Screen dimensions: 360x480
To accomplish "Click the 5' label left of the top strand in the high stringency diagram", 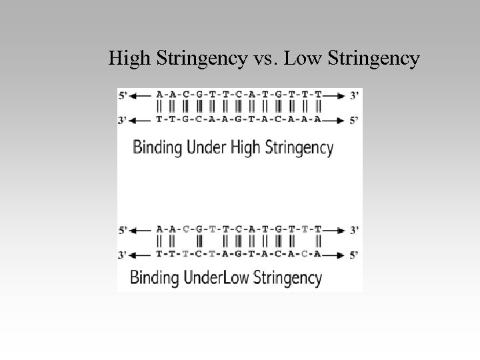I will (124, 95).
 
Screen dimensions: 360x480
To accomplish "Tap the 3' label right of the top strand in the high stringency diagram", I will (355, 95).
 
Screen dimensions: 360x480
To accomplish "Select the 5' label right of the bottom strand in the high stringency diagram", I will (355, 120).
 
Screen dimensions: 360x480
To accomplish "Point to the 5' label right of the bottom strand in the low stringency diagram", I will (355, 255).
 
